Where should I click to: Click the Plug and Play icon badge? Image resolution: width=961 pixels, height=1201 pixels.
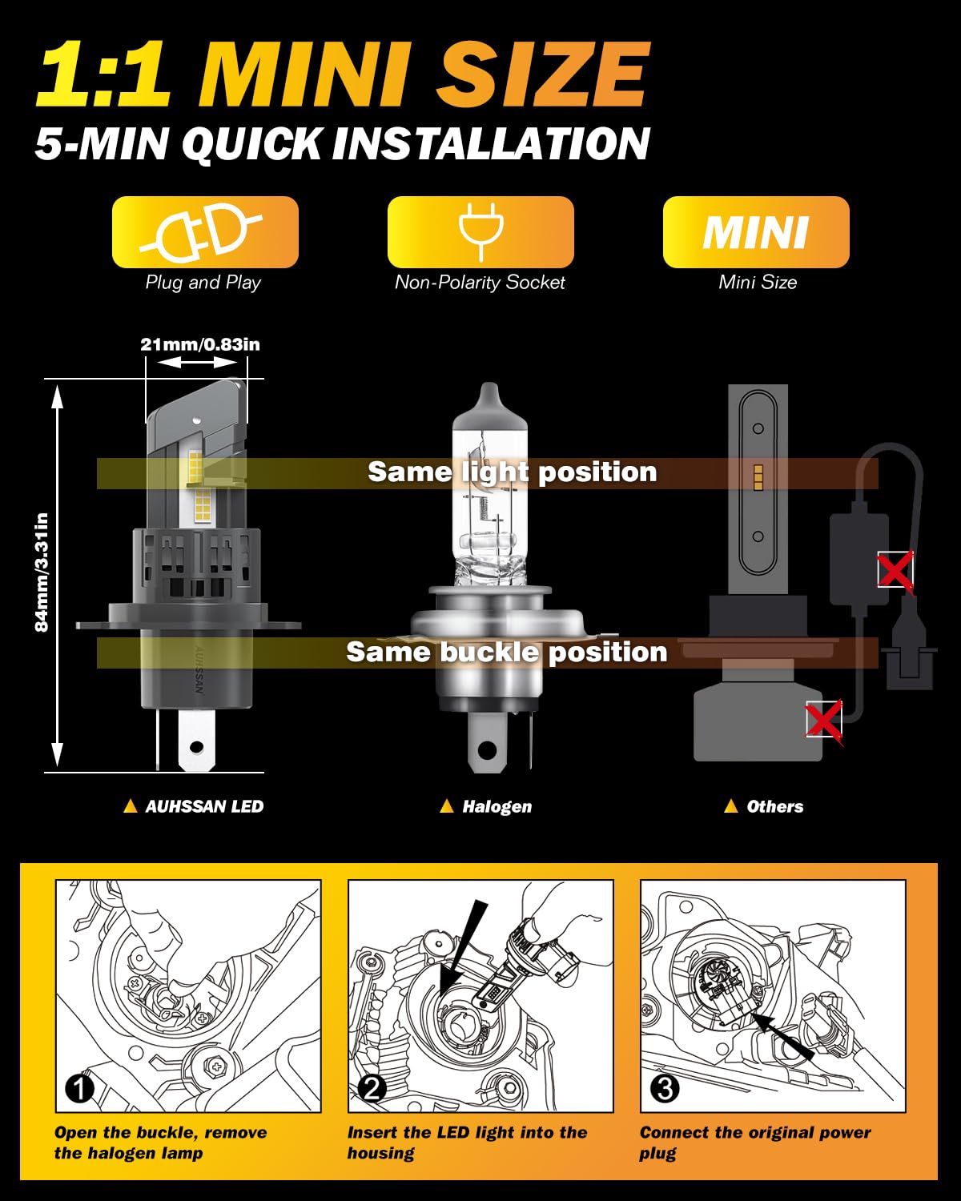[x=205, y=232]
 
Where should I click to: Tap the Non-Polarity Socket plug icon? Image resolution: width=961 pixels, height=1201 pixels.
[x=480, y=232]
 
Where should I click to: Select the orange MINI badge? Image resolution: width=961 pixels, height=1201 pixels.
[x=756, y=232]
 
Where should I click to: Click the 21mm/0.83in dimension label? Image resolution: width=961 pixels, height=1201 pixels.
[x=200, y=344]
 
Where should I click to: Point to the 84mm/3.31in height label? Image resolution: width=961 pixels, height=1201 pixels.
[x=42, y=572]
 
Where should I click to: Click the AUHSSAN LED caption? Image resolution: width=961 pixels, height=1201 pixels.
[x=203, y=806]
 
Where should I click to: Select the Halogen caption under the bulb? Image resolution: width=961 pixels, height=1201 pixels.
[x=496, y=806]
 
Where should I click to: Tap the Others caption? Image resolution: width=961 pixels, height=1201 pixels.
[x=774, y=806]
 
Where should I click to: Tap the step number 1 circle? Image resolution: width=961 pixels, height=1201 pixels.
[x=79, y=1088]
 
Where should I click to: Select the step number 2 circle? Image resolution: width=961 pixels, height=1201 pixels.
[x=372, y=1088]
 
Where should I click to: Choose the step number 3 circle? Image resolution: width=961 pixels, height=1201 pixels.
[x=665, y=1088]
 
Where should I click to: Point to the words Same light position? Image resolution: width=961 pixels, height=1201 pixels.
[x=512, y=472]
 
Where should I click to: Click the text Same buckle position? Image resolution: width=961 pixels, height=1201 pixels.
[x=506, y=652]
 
